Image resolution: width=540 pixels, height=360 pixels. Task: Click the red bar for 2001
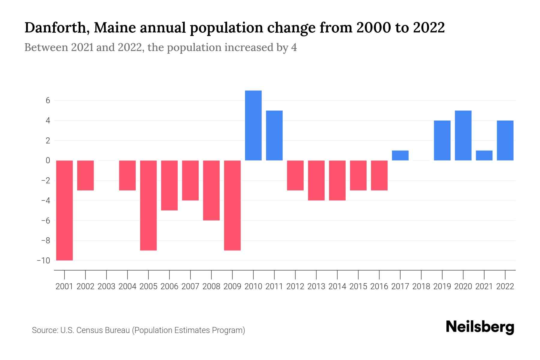point(64,210)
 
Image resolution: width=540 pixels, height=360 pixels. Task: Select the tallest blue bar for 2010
point(253,125)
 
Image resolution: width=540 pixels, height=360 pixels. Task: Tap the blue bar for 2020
point(463,136)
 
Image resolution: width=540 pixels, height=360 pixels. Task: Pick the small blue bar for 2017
point(400,155)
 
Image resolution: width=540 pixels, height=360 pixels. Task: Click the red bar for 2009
point(232,205)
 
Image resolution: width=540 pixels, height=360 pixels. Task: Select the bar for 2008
point(211,190)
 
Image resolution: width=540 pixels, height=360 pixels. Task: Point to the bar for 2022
point(505,140)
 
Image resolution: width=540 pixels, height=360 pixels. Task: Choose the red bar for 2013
point(316,180)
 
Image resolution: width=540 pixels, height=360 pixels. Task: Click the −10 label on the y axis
point(43,260)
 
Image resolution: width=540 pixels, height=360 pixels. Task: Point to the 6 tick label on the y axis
point(48,100)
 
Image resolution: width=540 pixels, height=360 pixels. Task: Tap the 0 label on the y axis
point(48,160)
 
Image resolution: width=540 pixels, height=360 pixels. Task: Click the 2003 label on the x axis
point(106,286)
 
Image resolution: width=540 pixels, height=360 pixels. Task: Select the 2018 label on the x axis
point(421,286)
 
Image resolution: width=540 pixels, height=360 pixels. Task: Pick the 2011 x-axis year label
point(274,286)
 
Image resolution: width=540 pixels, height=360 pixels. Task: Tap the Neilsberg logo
point(480,327)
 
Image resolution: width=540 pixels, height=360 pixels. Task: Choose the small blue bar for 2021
point(484,155)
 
